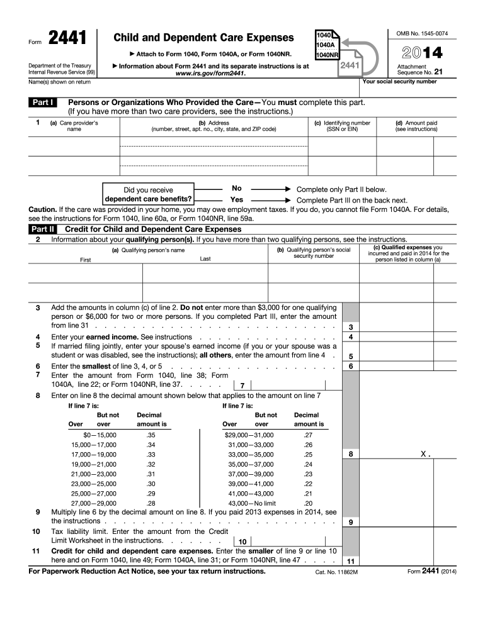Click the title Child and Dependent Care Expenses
[203, 38]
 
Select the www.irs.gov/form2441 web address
[210, 74]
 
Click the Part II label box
[43, 230]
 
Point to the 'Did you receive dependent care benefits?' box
[149, 194]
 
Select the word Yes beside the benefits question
[237, 200]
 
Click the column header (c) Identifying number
[342, 126]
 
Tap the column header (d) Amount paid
[416, 126]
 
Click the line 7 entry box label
[242, 386]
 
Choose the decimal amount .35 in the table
[151, 435]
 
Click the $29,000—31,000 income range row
[249, 435]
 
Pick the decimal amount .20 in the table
[308, 503]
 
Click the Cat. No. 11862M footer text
[336, 572]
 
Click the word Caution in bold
[42, 209]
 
